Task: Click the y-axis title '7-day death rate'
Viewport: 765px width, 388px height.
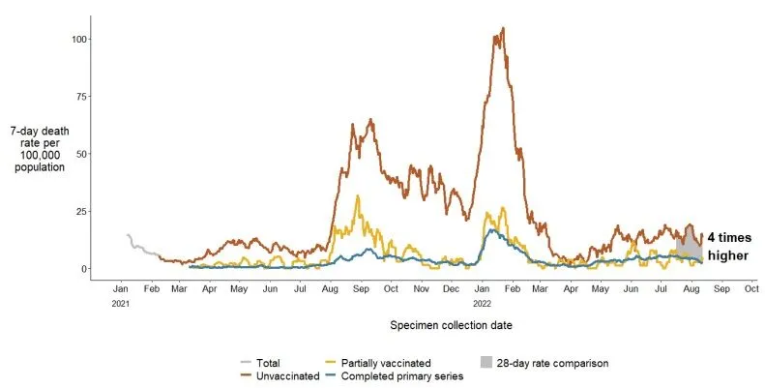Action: click(x=37, y=149)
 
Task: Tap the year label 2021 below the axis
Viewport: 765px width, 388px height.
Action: click(x=121, y=304)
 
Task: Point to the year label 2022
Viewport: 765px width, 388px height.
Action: click(x=481, y=304)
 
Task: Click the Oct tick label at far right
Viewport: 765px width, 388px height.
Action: click(x=750, y=289)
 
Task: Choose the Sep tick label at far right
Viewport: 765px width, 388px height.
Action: click(x=721, y=289)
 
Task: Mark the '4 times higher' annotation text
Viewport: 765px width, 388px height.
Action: click(x=728, y=246)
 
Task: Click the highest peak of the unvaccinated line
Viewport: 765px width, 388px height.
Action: click(x=503, y=29)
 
